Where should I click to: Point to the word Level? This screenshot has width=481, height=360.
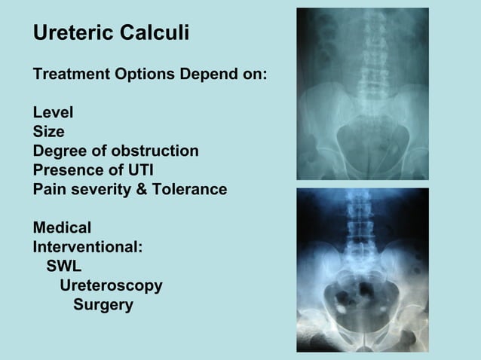[53, 113]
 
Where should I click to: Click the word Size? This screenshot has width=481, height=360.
[48, 132]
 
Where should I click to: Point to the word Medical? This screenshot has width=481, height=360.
[62, 227]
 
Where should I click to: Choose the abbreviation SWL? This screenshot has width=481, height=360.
[64, 266]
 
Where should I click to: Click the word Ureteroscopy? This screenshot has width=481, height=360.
[111, 285]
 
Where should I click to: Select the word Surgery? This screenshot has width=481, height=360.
[103, 305]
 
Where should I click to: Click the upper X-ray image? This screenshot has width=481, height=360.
[363, 93]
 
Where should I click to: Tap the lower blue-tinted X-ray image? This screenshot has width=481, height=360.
[363, 270]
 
